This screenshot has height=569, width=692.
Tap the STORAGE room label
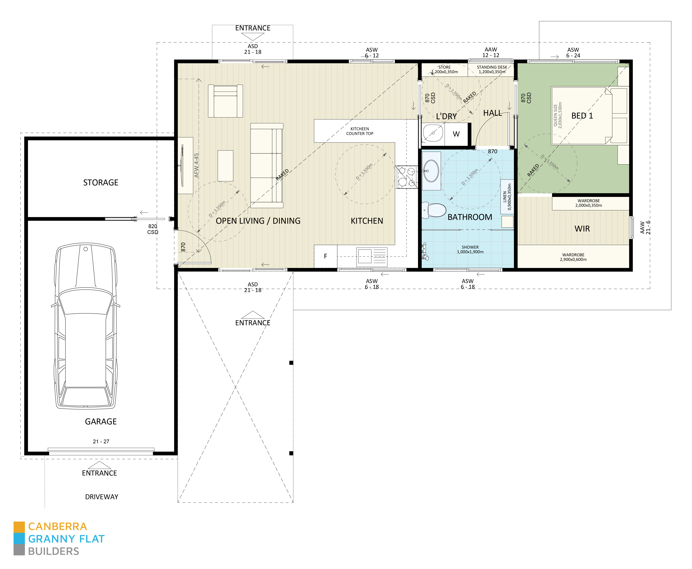point(101,183)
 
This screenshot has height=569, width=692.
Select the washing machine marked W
point(456,134)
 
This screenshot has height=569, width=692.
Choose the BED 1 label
point(582,116)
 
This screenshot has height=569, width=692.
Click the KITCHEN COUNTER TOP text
point(360,131)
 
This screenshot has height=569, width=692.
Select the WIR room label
point(582,229)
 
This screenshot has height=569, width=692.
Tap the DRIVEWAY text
point(102,497)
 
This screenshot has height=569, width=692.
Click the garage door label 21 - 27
point(101,442)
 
